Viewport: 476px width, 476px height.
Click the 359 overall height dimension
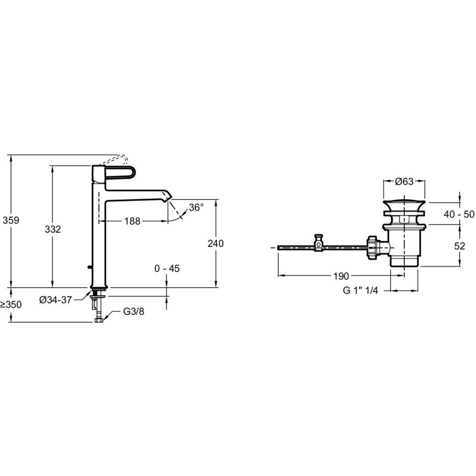click(x=11, y=220)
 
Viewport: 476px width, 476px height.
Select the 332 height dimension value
click(x=53, y=229)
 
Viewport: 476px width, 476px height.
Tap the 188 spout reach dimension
click(x=132, y=221)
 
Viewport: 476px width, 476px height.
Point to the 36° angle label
click(x=196, y=208)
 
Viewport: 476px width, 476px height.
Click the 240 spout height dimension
click(x=215, y=243)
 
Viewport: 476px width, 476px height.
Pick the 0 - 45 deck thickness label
click(x=167, y=268)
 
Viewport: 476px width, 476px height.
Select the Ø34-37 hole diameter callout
click(x=56, y=300)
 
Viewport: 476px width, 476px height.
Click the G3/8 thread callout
click(x=134, y=311)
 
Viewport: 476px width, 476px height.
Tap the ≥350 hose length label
click(x=11, y=304)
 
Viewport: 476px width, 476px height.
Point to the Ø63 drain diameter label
click(x=404, y=181)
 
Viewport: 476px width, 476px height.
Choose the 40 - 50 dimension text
click(x=459, y=214)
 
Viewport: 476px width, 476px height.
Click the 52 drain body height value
click(x=460, y=246)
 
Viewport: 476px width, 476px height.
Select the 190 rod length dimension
click(x=341, y=276)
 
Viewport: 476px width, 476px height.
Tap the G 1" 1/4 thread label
click(x=360, y=291)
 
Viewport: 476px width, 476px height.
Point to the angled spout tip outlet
click(x=167, y=196)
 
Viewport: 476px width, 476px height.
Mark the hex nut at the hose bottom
click(x=99, y=320)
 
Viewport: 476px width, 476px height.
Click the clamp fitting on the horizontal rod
click(x=319, y=242)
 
